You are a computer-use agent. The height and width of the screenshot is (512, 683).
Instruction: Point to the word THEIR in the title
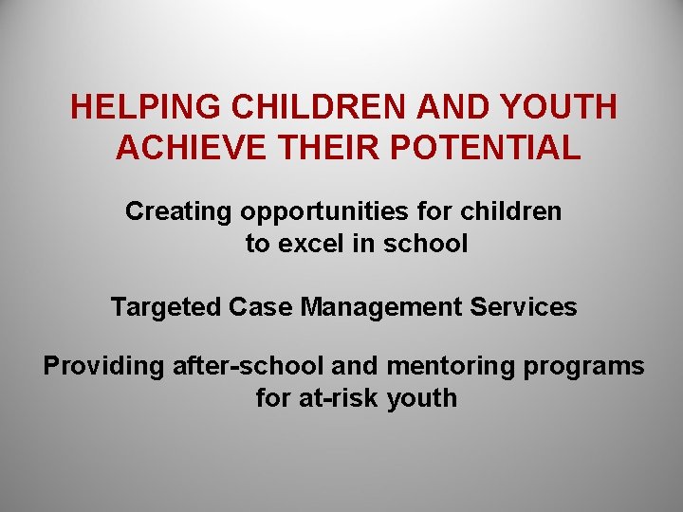point(312,148)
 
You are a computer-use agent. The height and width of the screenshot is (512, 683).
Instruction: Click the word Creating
point(179,211)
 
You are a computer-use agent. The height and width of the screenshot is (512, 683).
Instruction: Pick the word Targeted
point(166,307)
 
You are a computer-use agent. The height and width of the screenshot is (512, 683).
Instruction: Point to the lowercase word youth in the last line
point(422,398)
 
